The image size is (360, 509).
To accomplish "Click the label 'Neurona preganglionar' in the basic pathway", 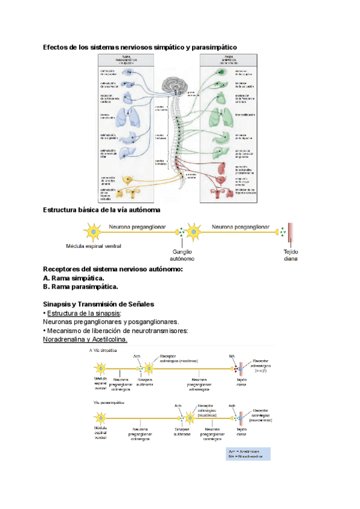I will [x=139, y=227].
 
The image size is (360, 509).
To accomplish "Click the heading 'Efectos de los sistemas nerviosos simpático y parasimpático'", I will [x=140, y=47].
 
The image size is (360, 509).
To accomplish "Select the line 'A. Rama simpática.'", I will [x=73, y=278].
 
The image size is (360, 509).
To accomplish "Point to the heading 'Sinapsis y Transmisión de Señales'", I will [x=99, y=304].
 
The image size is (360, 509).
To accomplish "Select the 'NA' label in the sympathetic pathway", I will [x=232, y=357].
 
